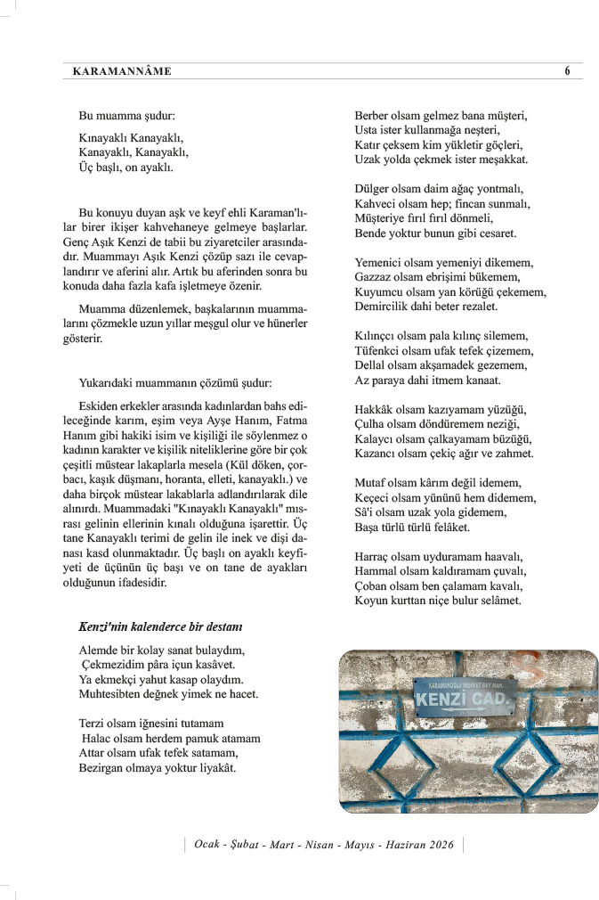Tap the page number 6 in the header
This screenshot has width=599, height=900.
[x=567, y=71]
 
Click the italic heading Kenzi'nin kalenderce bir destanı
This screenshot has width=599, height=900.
[x=160, y=626]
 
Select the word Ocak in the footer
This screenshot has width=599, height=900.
[x=208, y=844]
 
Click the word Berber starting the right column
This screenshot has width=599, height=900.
[x=374, y=115]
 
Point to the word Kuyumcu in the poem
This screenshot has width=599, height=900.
[x=381, y=291]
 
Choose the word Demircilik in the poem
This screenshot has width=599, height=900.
[x=387, y=307]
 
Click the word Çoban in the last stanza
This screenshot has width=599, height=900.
[x=372, y=585]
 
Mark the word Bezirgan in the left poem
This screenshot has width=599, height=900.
[x=104, y=768]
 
